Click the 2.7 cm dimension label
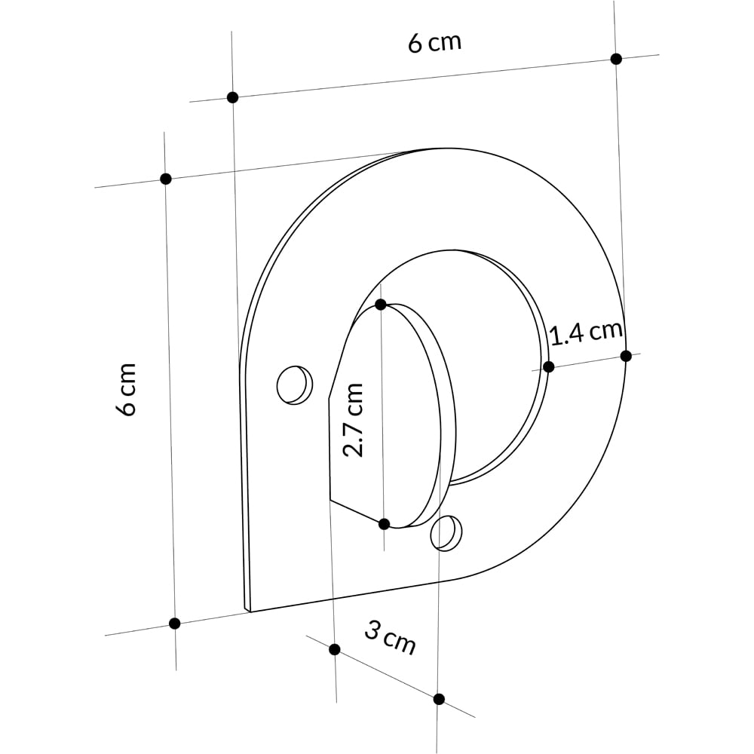pos(353,420)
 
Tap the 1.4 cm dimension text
pos(586,333)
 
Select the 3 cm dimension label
pos(391,638)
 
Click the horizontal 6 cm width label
pos(434,42)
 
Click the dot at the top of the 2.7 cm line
pos(381,305)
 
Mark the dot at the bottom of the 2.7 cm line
pos(384,523)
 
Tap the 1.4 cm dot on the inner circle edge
pos(548,366)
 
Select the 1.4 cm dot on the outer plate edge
pos(626,355)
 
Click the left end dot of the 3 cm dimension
pos(335,649)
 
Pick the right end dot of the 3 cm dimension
pos(439,699)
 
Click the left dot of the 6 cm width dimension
pos(232,97)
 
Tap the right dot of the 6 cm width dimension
pos(616,59)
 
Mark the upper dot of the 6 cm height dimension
pos(166,179)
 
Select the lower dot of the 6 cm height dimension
pos(175,623)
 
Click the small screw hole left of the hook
pos(293,385)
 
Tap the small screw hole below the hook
pos(446,533)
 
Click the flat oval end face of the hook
pos(388,415)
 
